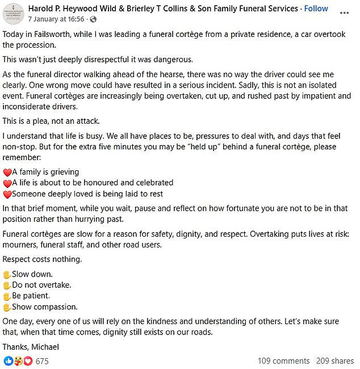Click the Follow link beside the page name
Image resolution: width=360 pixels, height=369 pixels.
(x=316, y=9)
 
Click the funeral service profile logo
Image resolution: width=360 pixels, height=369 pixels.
(x=12, y=13)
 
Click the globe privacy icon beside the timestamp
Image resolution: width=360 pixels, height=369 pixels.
(x=93, y=19)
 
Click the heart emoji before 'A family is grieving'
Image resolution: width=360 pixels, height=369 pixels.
(x=7, y=172)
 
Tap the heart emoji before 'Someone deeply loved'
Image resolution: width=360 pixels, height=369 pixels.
(x=7, y=194)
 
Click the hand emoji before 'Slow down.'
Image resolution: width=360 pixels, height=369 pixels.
(x=7, y=274)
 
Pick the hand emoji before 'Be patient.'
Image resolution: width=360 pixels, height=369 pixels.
(x=7, y=296)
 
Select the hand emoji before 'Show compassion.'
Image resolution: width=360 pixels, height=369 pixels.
(x=7, y=307)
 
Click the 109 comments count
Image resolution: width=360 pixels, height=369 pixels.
(x=283, y=360)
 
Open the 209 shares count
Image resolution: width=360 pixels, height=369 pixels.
(x=334, y=360)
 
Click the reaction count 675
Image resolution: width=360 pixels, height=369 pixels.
(x=42, y=360)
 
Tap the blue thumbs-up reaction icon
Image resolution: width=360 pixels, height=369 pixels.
(x=9, y=360)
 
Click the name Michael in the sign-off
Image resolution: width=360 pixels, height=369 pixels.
(x=45, y=347)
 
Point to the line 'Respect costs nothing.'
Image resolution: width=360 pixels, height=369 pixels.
(x=42, y=259)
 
